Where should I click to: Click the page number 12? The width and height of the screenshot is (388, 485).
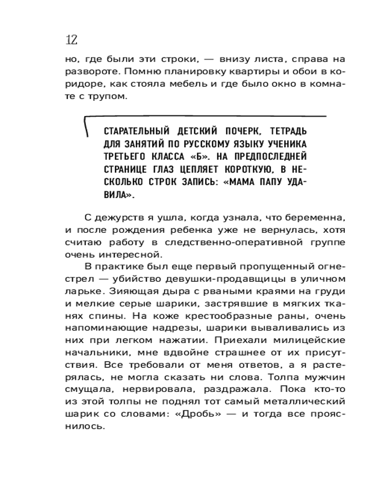[71, 40]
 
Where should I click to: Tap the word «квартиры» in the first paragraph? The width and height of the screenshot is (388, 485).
[221, 71]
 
